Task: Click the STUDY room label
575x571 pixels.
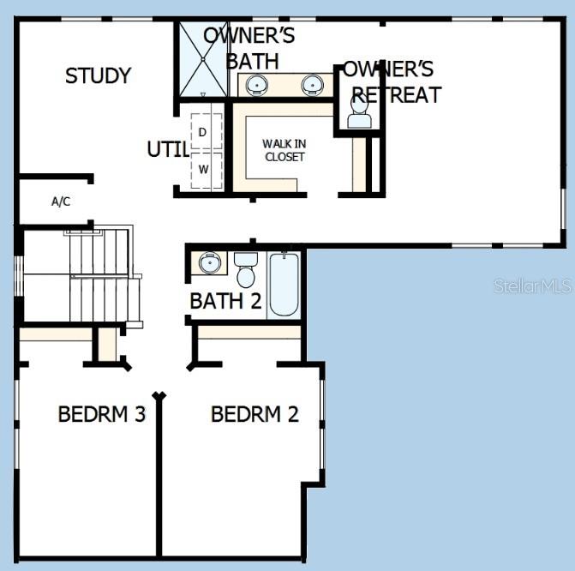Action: [x=98, y=75]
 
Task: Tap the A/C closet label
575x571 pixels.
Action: [x=60, y=201]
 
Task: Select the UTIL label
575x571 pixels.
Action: [x=167, y=149]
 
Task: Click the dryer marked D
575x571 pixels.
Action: [x=203, y=132]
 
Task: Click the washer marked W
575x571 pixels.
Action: [x=203, y=168]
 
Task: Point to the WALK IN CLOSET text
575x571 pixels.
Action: [x=285, y=150]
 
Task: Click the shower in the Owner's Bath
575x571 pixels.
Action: [x=202, y=60]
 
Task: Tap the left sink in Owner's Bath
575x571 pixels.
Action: [x=256, y=85]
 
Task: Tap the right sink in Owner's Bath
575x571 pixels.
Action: [x=313, y=85]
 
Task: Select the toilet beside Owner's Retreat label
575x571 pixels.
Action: [x=360, y=110]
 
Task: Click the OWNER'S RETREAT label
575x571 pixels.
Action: [x=391, y=81]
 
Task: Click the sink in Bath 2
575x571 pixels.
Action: [x=208, y=262]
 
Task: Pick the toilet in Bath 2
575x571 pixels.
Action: [x=246, y=269]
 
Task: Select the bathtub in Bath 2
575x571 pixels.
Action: [x=283, y=283]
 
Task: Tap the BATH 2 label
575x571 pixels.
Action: [x=225, y=301]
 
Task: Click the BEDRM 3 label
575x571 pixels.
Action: [x=101, y=414]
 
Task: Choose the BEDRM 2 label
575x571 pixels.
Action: [x=255, y=414]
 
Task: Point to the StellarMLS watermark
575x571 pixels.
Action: [x=532, y=285]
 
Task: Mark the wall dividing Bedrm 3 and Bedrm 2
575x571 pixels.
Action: [x=159, y=480]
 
